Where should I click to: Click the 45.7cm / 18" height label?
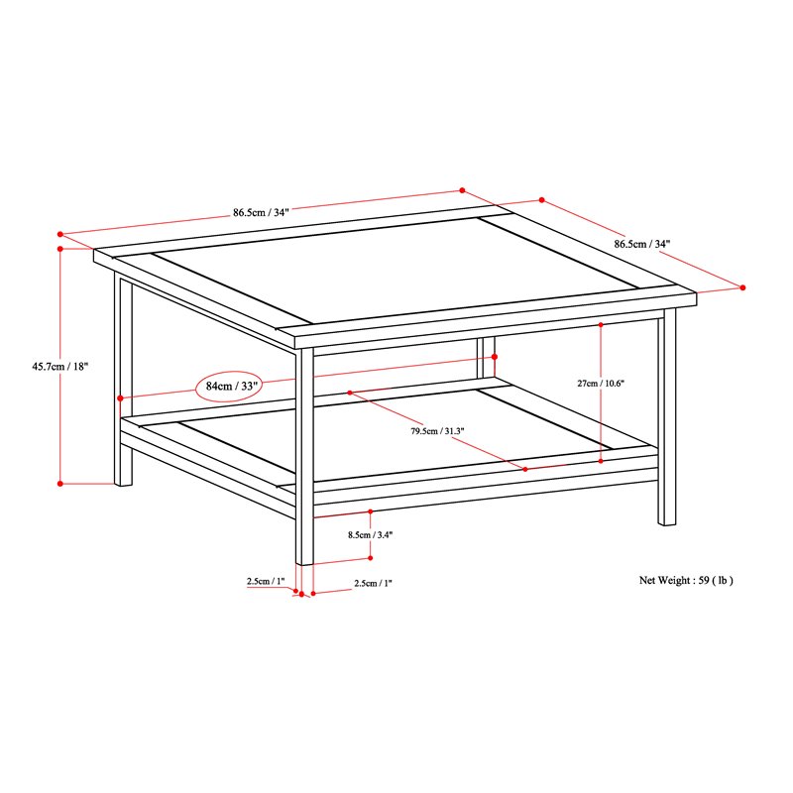(60, 365)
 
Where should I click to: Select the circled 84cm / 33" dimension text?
(229, 386)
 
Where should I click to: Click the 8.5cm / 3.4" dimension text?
(371, 535)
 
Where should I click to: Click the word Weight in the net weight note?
(679, 581)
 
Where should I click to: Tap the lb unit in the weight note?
(725, 581)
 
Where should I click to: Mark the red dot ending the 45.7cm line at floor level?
(60, 484)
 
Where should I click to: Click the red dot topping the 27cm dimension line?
(602, 324)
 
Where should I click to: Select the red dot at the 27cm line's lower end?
(602, 460)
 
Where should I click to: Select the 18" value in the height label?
(79, 365)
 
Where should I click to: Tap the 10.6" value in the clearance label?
(615, 383)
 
